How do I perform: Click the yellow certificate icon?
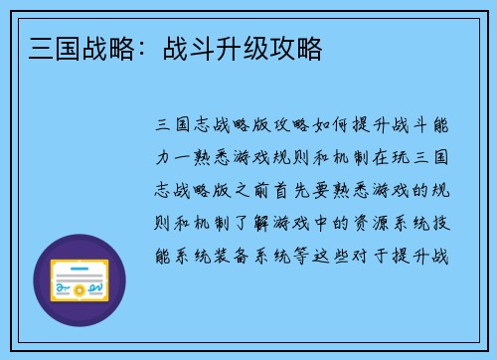(80, 280)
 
